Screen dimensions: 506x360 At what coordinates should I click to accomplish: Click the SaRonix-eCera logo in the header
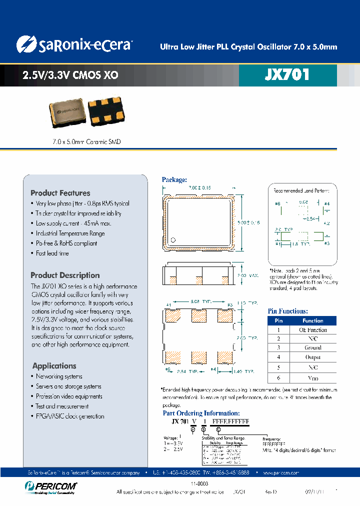(x=73, y=44)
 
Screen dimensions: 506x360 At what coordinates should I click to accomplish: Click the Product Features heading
(x=60, y=193)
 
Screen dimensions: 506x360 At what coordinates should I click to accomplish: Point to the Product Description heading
(x=65, y=275)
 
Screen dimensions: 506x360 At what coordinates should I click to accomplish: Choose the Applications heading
(x=54, y=366)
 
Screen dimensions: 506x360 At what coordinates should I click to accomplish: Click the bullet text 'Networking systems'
(x=59, y=376)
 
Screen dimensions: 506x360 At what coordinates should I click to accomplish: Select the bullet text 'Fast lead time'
(x=52, y=253)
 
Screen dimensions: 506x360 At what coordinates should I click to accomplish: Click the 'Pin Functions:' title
(x=288, y=311)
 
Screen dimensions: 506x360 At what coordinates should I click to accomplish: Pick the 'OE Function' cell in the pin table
(x=312, y=330)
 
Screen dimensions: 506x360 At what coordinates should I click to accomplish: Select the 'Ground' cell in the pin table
(x=312, y=348)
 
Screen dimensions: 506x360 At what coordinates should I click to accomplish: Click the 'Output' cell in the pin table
(x=312, y=357)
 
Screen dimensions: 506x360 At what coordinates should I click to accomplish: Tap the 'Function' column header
(x=312, y=321)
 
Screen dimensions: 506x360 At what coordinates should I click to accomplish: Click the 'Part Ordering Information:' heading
(x=201, y=413)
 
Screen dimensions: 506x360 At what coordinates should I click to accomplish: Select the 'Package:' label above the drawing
(x=174, y=179)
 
